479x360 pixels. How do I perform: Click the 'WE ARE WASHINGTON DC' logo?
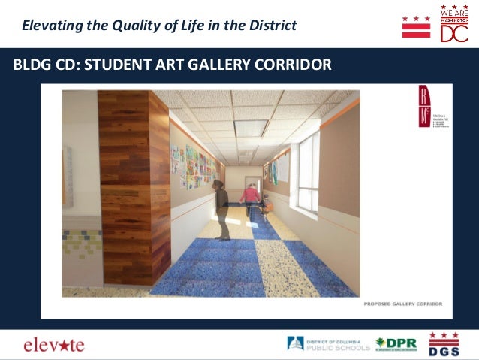coord(454,24)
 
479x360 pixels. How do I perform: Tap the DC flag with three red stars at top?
coord(416,26)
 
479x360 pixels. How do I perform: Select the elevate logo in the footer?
coord(54,345)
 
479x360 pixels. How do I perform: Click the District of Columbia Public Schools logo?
coord(328,344)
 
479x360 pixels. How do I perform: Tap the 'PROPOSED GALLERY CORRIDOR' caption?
coord(402,304)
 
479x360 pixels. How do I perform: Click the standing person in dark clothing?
coord(221,210)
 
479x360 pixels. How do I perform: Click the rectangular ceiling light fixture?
coord(251,129)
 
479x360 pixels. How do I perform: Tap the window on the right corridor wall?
coord(308,172)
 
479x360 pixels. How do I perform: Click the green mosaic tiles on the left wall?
coord(82,244)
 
